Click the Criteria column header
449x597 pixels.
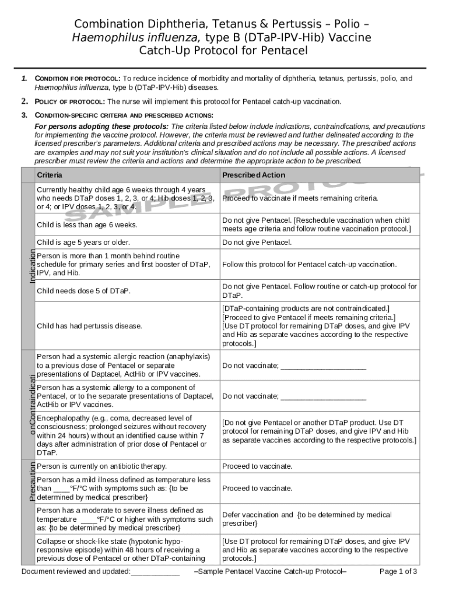coord(50,175)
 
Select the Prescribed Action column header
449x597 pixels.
coord(254,175)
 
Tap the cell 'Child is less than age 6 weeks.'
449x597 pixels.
coord(87,224)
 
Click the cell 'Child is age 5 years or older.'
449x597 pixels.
coord(83,242)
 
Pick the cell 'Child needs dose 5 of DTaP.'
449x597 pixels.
coord(83,291)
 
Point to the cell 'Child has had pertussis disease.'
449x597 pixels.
coord(89,326)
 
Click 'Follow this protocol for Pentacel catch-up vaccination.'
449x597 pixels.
coord(309,264)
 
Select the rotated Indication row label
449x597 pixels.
coord(33,267)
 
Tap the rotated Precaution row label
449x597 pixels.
coord(33,481)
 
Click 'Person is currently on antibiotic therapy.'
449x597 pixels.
coord(101,466)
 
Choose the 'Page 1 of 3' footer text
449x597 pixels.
coord(398,571)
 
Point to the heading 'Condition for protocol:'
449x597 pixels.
coord(78,79)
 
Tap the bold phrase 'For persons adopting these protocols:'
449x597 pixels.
coord(101,127)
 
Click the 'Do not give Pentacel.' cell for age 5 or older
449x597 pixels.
coord(257,242)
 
